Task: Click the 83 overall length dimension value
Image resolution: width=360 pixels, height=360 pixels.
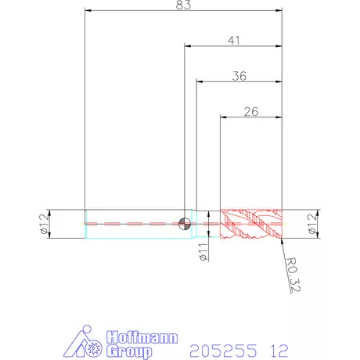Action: click(x=183, y=5)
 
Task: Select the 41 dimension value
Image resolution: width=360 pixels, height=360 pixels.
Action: click(x=234, y=41)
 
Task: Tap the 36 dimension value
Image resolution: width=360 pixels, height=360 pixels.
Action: click(x=239, y=76)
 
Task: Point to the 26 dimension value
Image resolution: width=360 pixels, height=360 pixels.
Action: click(x=251, y=112)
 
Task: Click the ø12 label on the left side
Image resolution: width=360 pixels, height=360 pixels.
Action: click(x=44, y=224)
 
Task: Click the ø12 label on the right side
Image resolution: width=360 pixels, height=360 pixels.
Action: click(x=312, y=224)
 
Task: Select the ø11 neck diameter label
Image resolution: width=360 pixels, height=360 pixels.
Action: click(x=203, y=252)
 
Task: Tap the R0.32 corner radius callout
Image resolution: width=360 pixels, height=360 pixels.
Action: click(x=293, y=275)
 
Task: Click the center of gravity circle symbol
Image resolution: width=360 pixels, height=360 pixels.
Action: click(x=185, y=224)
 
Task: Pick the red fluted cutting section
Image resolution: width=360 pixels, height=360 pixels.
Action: click(x=251, y=224)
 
